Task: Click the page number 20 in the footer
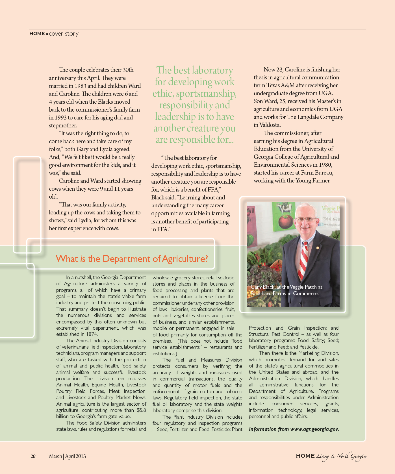(33, 456)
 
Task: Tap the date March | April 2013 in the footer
(67, 456)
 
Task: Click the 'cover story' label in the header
(64, 34)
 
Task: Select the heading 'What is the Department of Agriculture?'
(132, 258)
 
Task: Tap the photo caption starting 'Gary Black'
(286, 290)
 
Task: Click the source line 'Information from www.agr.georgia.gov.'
(294, 429)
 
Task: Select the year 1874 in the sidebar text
(92, 334)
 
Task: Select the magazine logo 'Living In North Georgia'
(341, 456)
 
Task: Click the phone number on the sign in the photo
(331, 219)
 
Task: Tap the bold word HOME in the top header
(37, 34)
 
